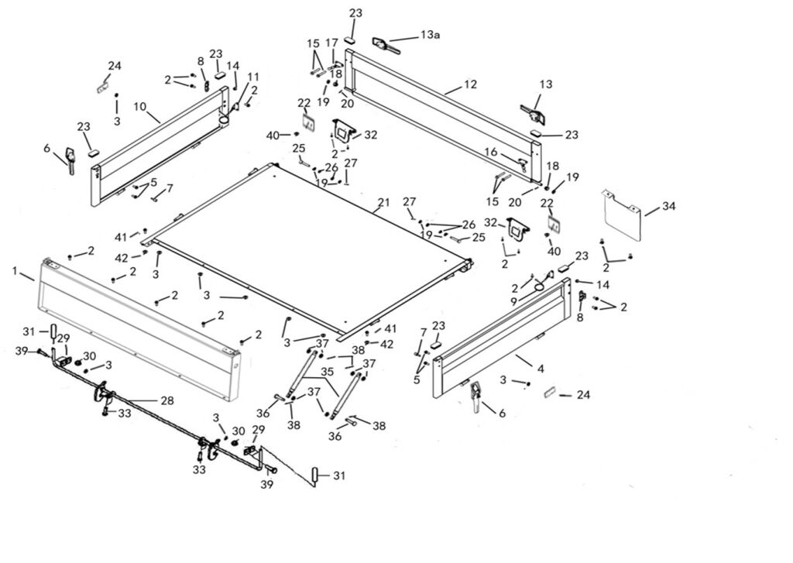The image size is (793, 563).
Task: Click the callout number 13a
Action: point(428,35)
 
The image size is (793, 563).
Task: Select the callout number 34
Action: point(669,206)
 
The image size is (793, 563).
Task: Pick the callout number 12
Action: point(471,84)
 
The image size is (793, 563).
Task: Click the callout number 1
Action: point(15,270)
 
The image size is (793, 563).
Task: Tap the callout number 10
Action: point(140,105)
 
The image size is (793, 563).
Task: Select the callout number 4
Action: point(541,359)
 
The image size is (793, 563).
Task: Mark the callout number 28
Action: point(166,400)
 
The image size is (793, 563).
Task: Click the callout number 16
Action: point(491,153)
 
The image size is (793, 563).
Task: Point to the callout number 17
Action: point(331,43)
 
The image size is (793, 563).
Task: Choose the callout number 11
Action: point(253,76)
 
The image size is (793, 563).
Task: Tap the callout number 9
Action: point(513,300)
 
